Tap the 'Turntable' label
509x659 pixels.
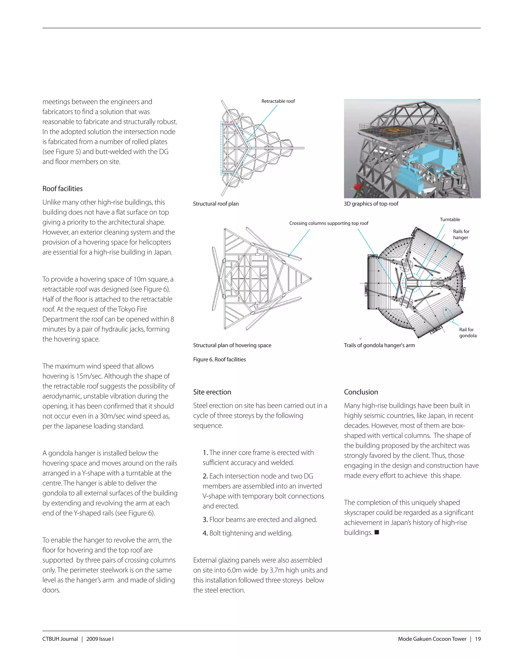pos(450,219)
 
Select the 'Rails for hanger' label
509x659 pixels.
pos(461,235)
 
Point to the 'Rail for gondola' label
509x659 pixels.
pos(468,332)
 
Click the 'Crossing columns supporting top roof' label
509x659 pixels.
pos(329,223)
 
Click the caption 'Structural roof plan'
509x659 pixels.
pos(215,204)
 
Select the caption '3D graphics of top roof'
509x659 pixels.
pos(371,204)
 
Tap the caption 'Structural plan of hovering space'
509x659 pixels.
pos(232,345)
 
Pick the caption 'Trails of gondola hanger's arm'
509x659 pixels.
pos(379,345)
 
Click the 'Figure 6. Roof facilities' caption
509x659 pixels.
pos(219,359)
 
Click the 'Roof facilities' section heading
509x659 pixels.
pos(62,188)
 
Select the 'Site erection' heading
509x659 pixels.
pos(212,392)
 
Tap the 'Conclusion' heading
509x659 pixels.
pos(361,392)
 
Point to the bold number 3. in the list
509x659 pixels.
pos(205,519)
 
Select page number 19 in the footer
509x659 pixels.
pos(478,639)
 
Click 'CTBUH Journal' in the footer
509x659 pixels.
pos(60,639)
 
